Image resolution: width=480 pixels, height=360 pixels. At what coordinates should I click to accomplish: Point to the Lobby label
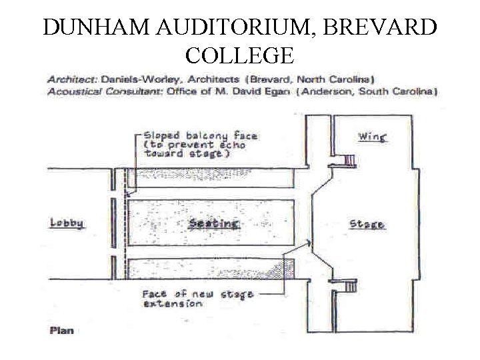coord(67,223)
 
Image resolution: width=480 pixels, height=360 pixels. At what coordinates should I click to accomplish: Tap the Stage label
coord(367,224)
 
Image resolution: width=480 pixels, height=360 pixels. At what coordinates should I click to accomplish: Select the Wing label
coord(372,137)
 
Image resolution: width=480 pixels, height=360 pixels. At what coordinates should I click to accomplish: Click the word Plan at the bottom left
coord(61,330)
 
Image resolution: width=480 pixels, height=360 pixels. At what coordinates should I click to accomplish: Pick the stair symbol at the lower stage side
coord(347,286)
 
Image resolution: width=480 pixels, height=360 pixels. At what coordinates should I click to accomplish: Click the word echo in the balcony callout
coord(230,144)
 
